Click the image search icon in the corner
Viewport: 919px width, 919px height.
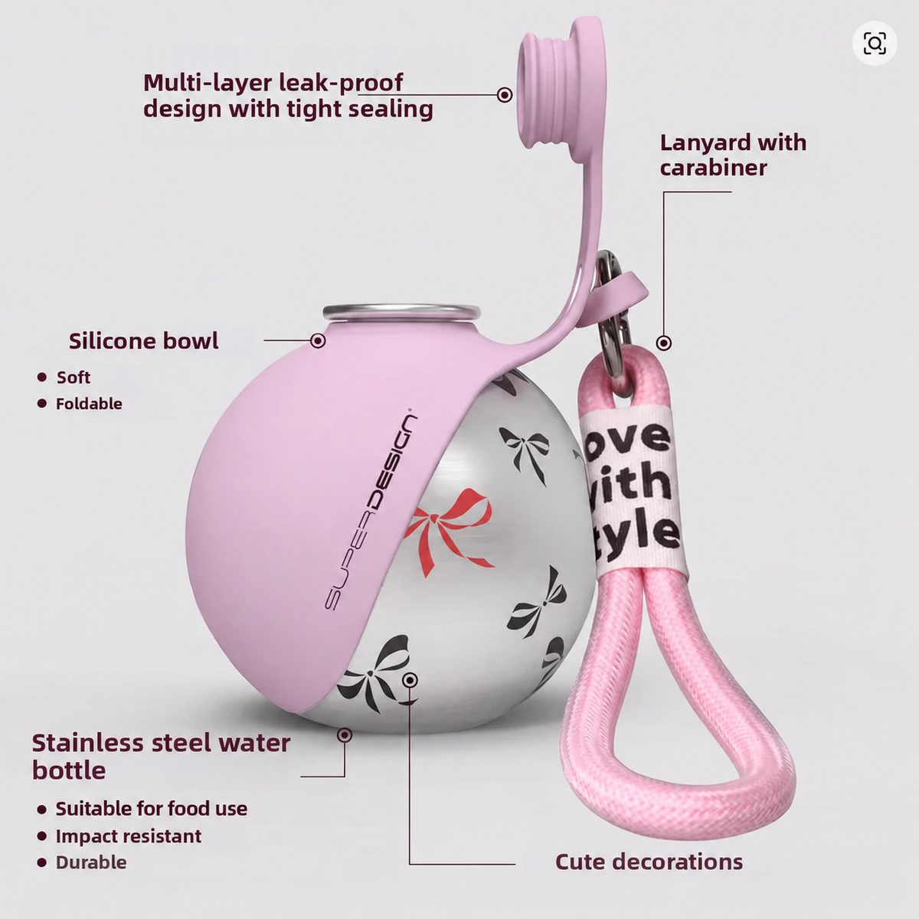[875, 44]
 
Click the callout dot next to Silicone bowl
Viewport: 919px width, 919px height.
[318, 341]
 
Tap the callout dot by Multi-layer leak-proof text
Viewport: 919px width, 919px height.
[505, 94]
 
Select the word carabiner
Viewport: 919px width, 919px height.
[714, 168]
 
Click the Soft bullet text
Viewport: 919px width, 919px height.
[74, 378]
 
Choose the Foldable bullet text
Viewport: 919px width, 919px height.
[89, 404]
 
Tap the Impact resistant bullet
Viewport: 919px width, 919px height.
[129, 836]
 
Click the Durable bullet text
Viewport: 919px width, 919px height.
[91, 862]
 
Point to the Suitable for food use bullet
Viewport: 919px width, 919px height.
[152, 809]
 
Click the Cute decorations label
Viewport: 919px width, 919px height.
[649, 862]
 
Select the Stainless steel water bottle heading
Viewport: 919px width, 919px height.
[161, 757]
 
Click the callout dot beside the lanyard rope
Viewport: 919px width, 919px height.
[664, 342]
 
